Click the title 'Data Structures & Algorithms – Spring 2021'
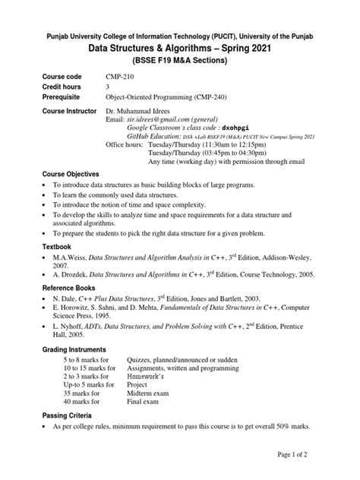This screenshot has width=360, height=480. [180, 48]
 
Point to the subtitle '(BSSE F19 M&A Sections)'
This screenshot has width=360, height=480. [180, 61]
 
